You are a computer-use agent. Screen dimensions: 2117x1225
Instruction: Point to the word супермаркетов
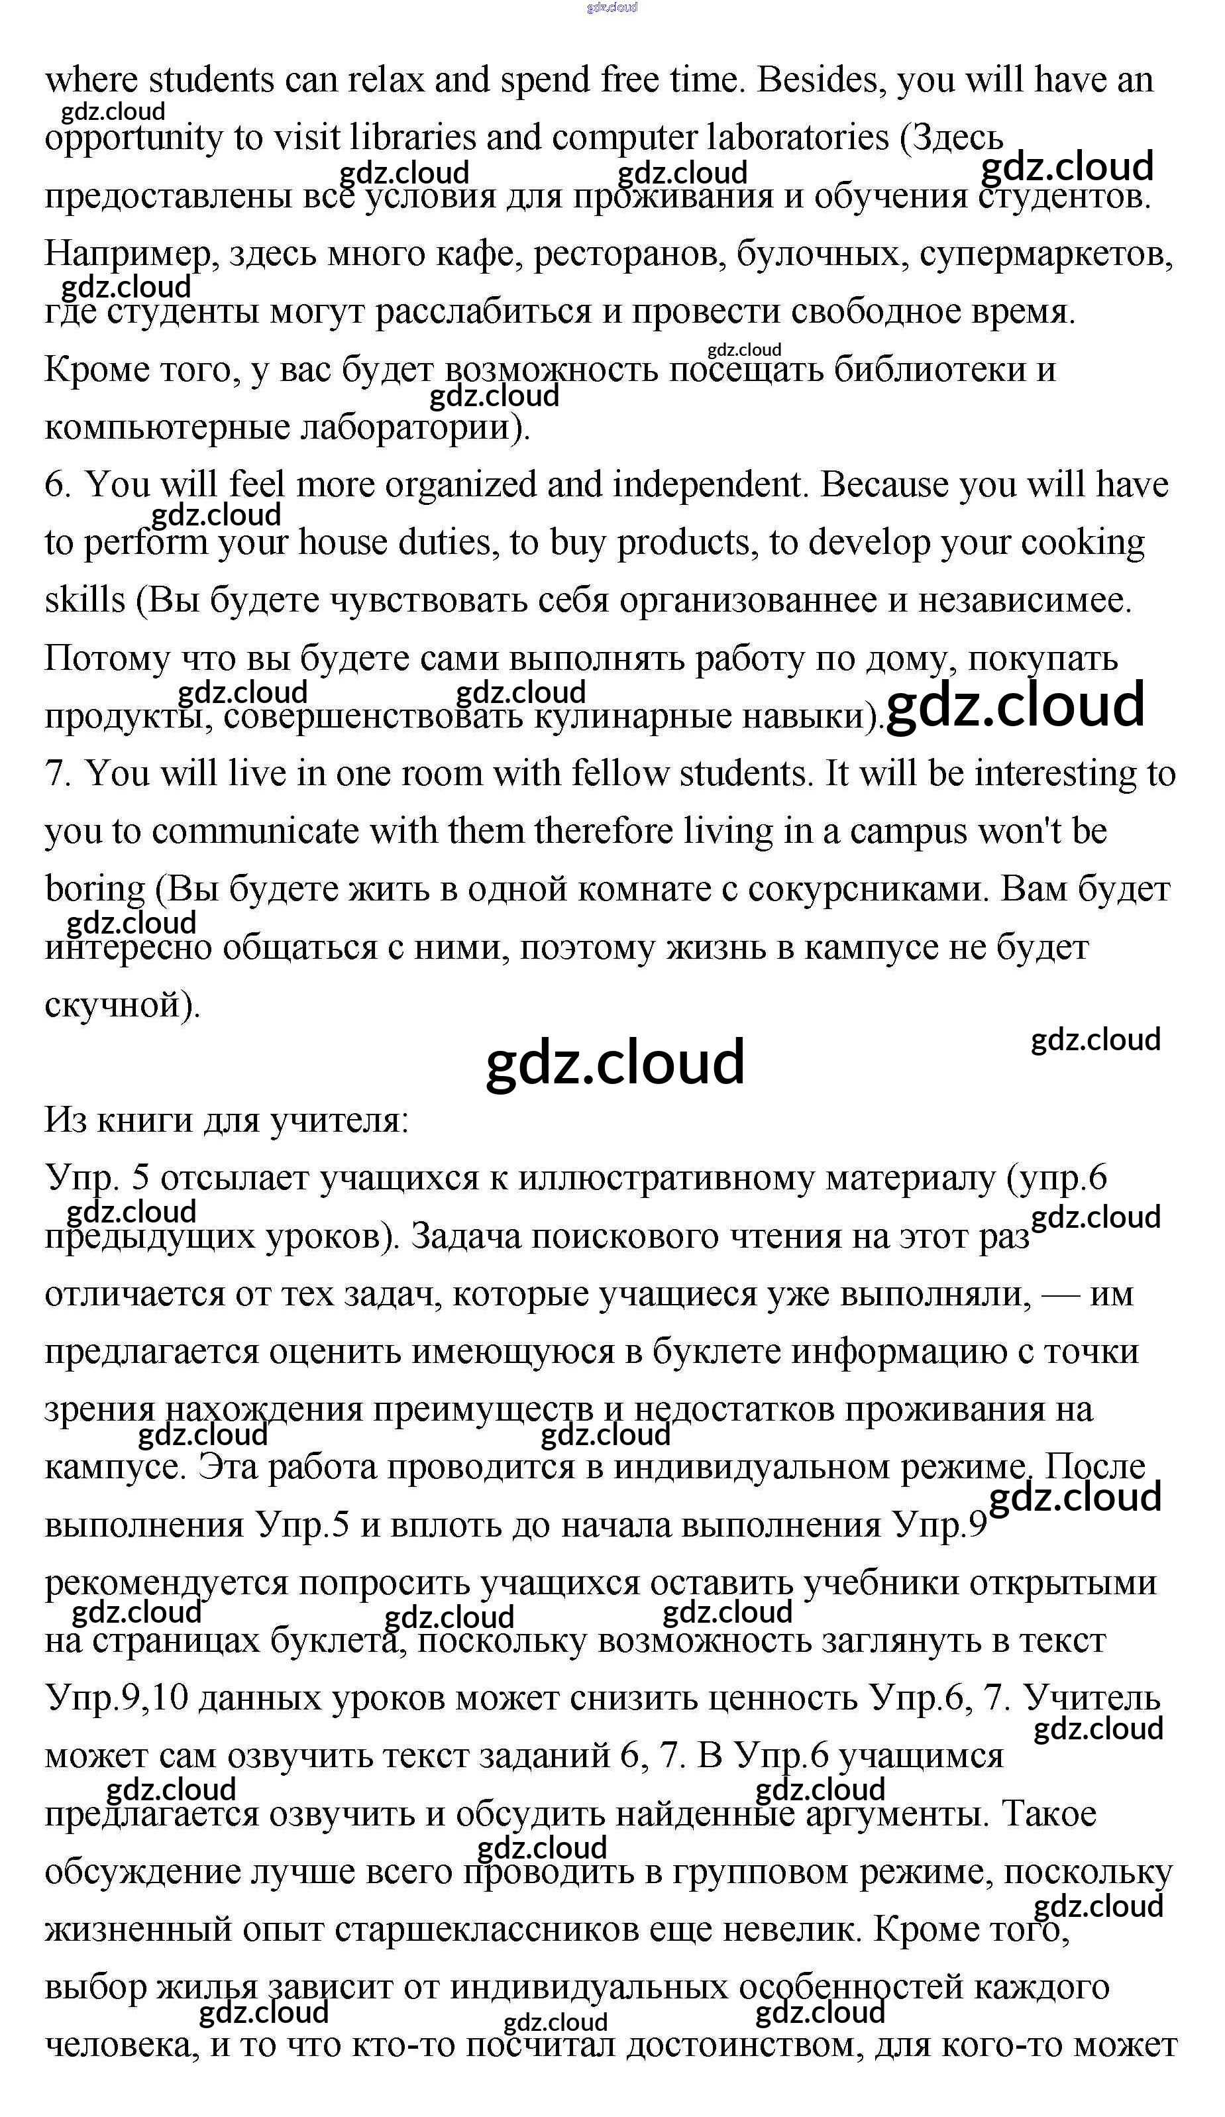point(1045,254)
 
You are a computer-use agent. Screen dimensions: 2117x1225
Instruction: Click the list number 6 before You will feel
point(57,486)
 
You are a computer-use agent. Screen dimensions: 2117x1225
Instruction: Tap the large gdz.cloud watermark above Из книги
point(615,1062)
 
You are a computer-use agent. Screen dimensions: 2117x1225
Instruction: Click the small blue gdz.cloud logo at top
point(612,7)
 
